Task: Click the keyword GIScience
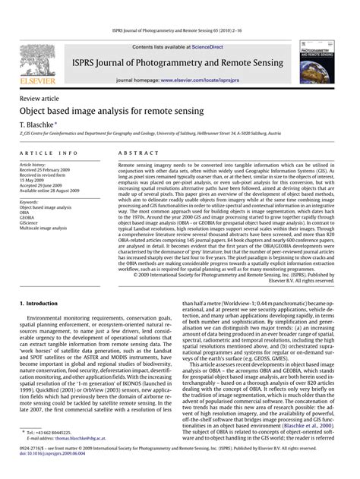click(31, 222)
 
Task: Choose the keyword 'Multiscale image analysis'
click(46, 227)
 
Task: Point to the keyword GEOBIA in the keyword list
click(29, 216)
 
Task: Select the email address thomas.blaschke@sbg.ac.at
click(77, 438)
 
